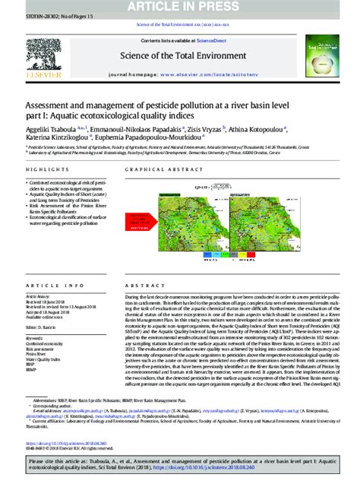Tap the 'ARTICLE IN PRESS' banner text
180,6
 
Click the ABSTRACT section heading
145,286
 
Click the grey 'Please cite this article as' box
180,466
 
